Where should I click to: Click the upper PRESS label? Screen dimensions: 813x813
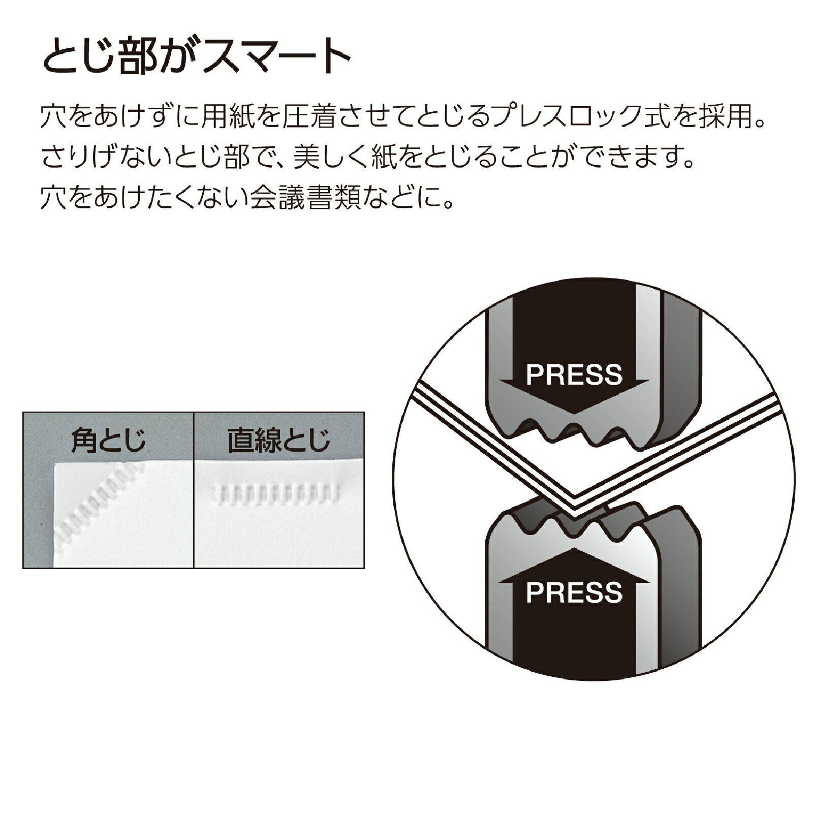click(574, 374)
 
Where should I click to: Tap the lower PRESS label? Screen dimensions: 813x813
click(574, 592)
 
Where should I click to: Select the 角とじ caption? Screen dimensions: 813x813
click(108, 440)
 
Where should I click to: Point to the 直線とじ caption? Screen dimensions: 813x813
click(278, 440)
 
